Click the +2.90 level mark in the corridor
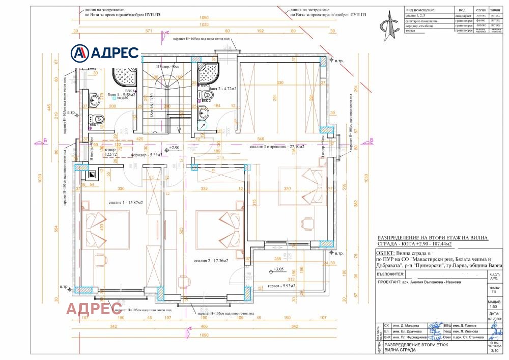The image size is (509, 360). click(x=174, y=147)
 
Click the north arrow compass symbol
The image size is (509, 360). click(x=390, y=25)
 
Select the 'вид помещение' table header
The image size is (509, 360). click(x=420, y=10)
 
